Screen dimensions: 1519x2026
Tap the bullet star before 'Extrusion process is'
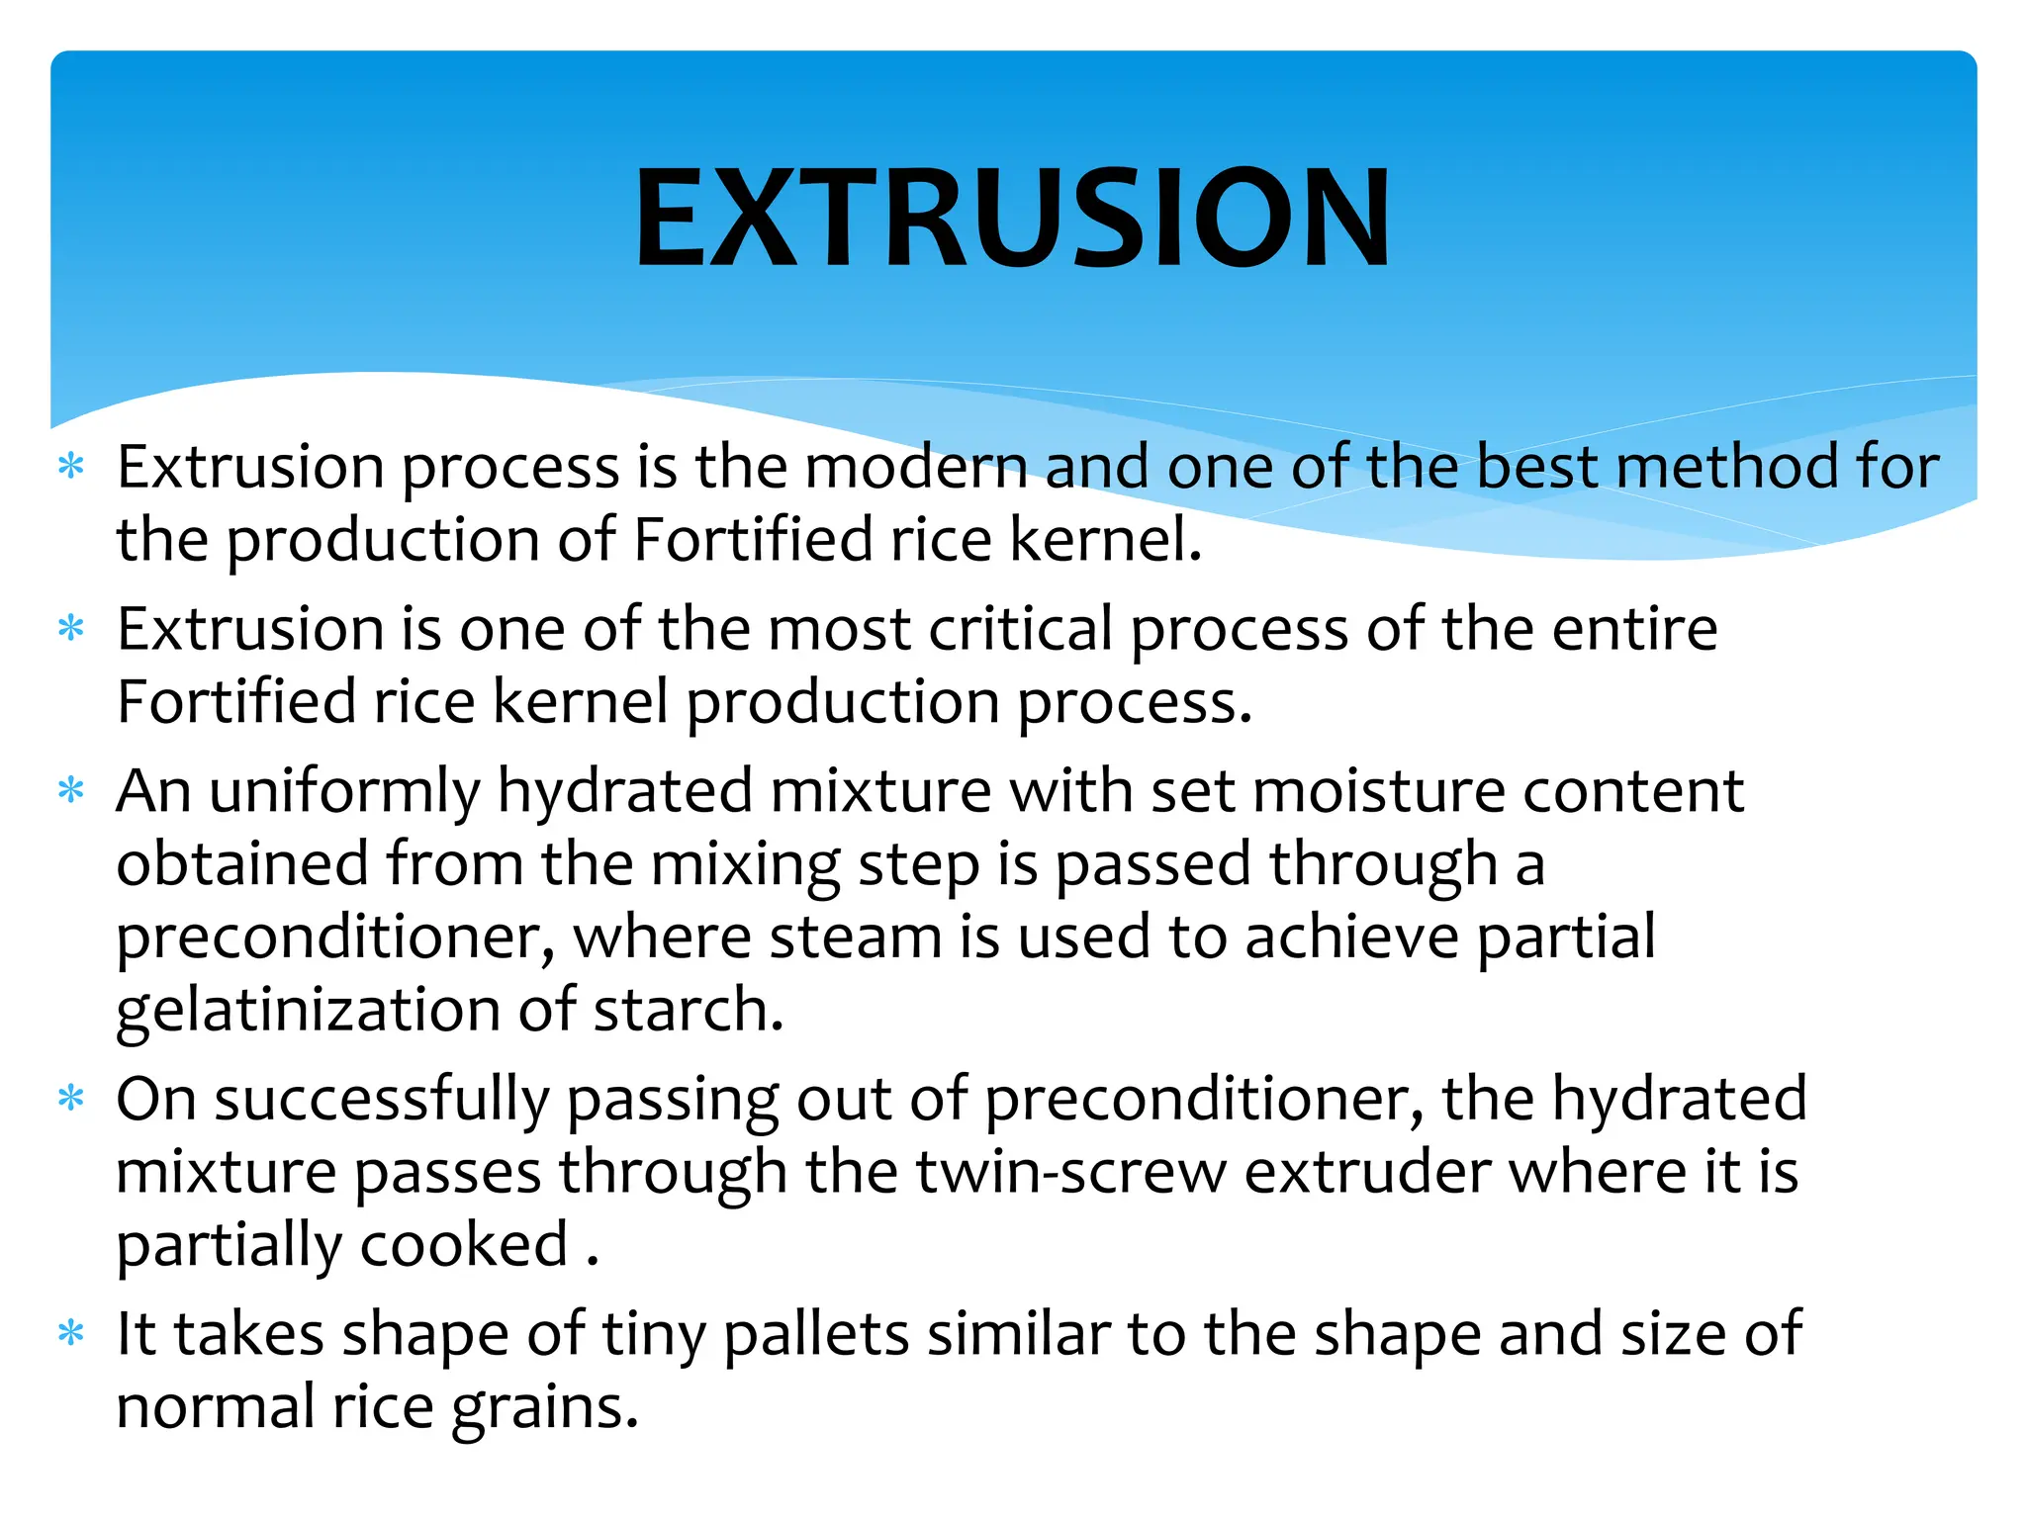click(71, 466)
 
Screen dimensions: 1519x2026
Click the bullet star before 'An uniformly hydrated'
click(71, 790)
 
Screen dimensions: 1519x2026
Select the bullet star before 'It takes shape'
click(71, 1333)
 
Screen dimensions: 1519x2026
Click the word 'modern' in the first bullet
click(916, 467)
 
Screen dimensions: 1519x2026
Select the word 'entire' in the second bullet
click(1633, 629)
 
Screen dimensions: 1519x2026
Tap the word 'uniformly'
click(344, 792)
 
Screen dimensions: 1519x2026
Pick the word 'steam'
click(855, 938)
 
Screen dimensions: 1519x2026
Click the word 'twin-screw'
click(1071, 1172)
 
